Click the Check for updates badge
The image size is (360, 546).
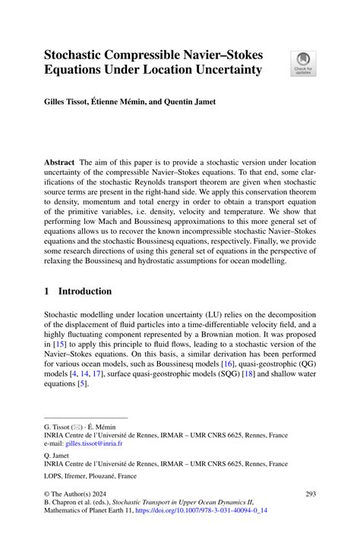tap(304, 63)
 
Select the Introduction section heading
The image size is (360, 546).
tap(85, 291)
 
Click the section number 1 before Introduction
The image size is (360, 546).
tap(46, 291)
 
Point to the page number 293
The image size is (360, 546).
tap(308, 494)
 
